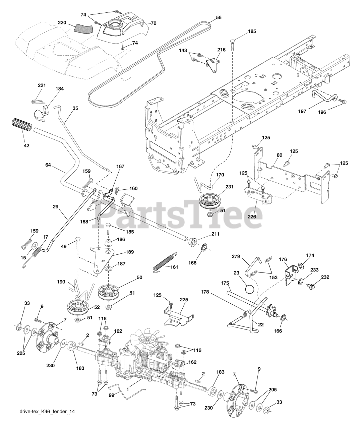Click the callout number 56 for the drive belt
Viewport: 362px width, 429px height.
coord(219,17)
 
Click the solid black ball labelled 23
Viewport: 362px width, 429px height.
coord(249,289)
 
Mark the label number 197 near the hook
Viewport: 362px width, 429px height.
coord(302,112)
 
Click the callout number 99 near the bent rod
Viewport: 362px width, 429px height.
coord(111,395)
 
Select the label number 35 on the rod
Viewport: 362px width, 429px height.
coord(75,108)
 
